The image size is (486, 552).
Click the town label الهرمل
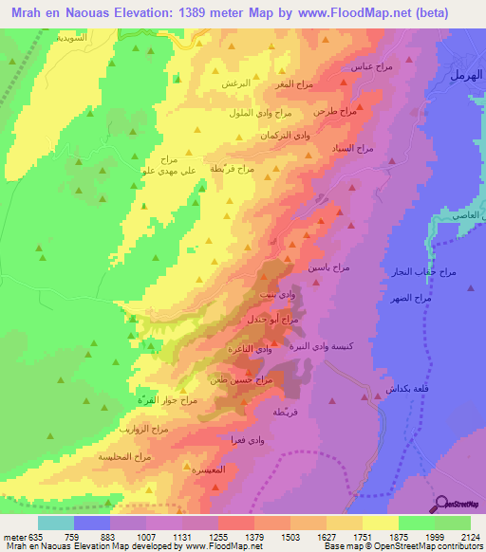[462, 74]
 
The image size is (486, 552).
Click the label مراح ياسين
[327, 268]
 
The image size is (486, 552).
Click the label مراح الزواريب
[142, 430]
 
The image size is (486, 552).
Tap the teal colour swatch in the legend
[56, 523]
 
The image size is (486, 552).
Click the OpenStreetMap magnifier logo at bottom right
[443, 504]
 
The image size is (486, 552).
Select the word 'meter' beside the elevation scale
[12, 538]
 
